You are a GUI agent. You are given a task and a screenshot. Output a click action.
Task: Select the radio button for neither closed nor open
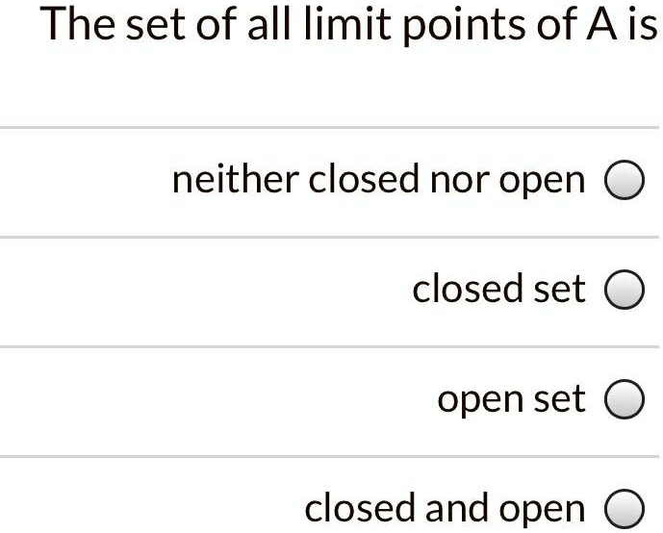[x=624, y=181]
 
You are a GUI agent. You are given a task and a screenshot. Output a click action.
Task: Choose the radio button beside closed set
[x=624, y=290]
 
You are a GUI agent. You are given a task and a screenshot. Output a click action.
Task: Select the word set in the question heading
[x=154, y=25]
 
